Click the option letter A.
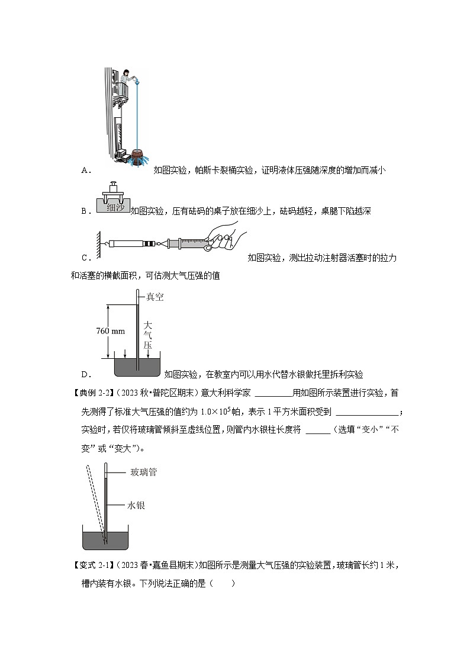pyautogui.click(x=85, y=171)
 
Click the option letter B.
pyautogui.click(x=85, y=210)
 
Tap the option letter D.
pyautogui.click(x=85, y=374)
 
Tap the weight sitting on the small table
pyautogui.click(x=112, y=190)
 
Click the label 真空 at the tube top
pyautogui.click(x=154, y=297)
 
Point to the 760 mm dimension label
pyautogui.click(x=110, y=331)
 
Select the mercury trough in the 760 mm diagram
pyautogui.click(x=137, y=368)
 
